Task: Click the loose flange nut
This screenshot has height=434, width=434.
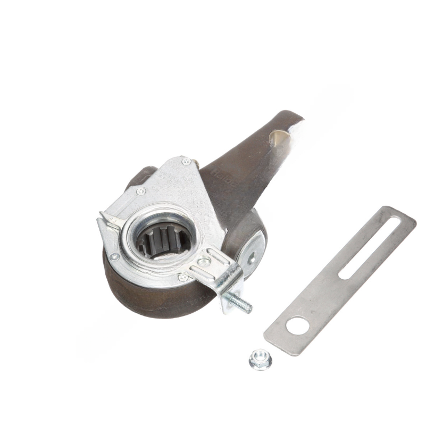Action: click(x=260, y=360)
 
